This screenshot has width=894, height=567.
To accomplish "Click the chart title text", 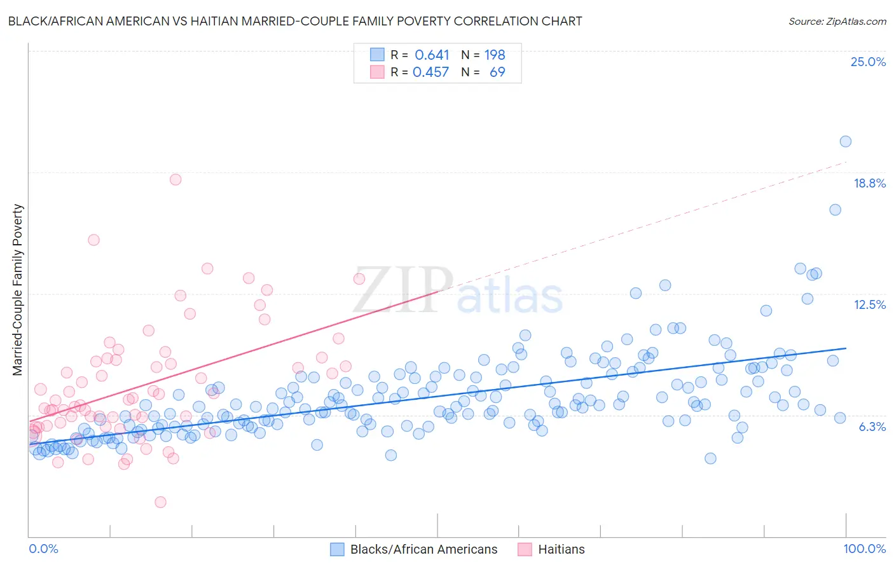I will tap(294, 21).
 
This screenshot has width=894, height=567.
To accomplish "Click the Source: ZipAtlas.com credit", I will tap(837, 21).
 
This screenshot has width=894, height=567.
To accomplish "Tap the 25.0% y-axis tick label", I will tap(868, 62).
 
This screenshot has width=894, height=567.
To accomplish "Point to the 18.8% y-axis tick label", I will tap(869, 183).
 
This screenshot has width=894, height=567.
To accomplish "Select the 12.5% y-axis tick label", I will tap(869, 304).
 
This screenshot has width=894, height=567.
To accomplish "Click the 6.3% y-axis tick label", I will tap(872, 427).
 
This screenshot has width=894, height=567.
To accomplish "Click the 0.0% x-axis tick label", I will tap(44, 549).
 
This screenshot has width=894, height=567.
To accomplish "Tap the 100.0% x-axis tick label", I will tap(864, 549).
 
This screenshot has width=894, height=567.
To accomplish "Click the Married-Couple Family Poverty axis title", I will tap(18, 289).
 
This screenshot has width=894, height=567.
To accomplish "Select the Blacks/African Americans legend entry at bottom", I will tap(423, 549).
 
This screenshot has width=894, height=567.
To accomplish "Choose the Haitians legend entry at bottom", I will tap(561, 549).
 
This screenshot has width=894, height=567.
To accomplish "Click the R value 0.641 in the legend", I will tap(432, 55).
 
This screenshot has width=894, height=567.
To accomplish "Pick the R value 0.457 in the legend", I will tap(430, 72).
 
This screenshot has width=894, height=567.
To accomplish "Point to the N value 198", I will tap(495, 55).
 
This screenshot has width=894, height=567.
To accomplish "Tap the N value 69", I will tap(497, 72).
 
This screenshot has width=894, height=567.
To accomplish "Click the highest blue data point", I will tap(845, 142).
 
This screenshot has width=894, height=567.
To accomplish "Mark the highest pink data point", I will tap(175, 179).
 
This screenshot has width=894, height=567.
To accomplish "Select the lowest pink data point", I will tap(160, 502).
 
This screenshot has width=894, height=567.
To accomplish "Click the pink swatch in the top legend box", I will tap(377, 72).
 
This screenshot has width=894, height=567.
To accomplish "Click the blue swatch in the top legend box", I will tap(377, 55).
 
